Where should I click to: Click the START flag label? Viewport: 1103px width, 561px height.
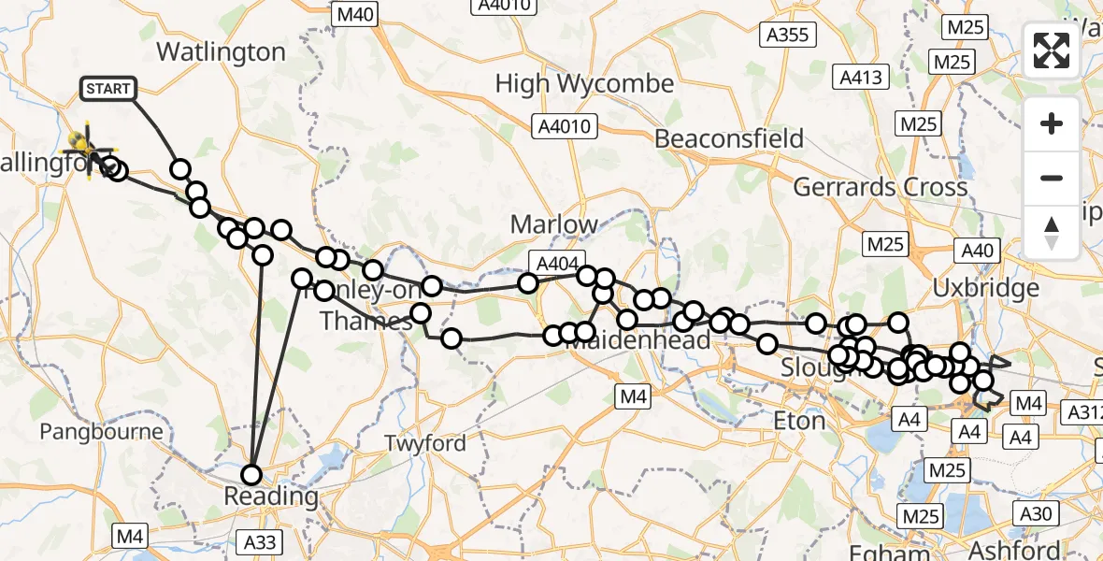tap(109, 89)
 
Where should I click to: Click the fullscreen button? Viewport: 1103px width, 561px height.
tap(1052, 50)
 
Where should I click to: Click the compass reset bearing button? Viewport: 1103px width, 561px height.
tap(1052, 233)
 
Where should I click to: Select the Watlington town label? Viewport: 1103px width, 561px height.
tap(221, 51)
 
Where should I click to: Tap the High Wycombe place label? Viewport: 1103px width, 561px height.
tap(584, 84)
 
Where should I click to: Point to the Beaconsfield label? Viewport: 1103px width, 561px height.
tap(729, 139)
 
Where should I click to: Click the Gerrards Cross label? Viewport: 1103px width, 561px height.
tap(881, 187)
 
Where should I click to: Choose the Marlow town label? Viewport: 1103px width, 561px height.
tap(553, 224)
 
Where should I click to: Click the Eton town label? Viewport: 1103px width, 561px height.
tap(799, 422)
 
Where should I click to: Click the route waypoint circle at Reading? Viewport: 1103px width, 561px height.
tap(251, 474)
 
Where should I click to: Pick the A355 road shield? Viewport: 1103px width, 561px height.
tap(790, 36)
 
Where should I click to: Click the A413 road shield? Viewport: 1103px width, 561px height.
tap(861, 78)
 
